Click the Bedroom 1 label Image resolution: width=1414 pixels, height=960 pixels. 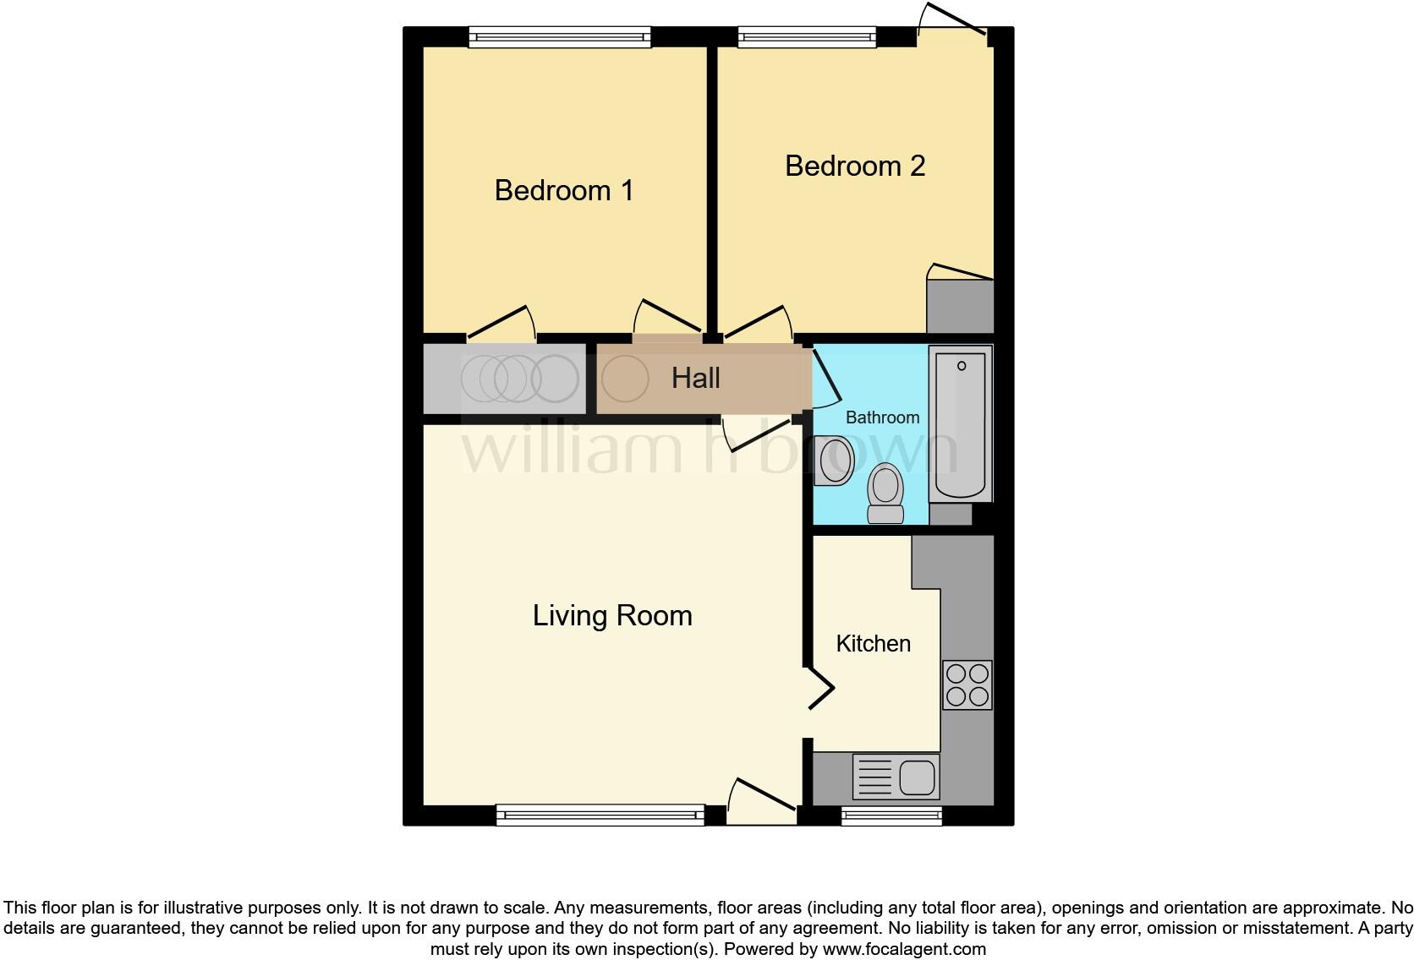pyautogui.click(x=564, y=190)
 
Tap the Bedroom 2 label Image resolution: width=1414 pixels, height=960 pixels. pyautogui.click(x=855, y=166)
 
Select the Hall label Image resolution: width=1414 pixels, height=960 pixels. pyautogui.click(x=695, y=378)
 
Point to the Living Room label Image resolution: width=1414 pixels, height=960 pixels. pyautogui.click(x=612, y=615)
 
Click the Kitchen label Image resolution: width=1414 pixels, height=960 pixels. pyautogui.click(x=873, y=643)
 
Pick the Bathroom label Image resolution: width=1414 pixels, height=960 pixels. pyautogui.click(x=882, y=417)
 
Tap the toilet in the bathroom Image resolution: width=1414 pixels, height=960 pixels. pyautogui.click(x=885, y=493)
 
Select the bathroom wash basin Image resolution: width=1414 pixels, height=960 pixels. pyautogui.click(x=833, y=461)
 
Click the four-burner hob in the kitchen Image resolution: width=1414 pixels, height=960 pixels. pyautogui.click(x=967, y=685)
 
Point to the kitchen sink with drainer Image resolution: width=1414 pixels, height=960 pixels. pyautogui.click(x=896, y=777)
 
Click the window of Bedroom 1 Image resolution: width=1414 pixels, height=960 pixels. pyautogui.click(x=560, y=36)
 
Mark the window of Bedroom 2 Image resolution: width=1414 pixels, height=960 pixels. pyautogui.click(x=806, y=36)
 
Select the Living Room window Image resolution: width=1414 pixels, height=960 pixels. pyautogui.click(x=600, y=815)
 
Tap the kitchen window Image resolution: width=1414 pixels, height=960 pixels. pyautogui.click(x=891, y=815)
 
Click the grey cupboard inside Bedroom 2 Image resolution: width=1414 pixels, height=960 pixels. pyautogui.click(x=960, y=306)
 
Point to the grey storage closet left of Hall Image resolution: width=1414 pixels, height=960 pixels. pyautogui.click(x=505, y=378)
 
